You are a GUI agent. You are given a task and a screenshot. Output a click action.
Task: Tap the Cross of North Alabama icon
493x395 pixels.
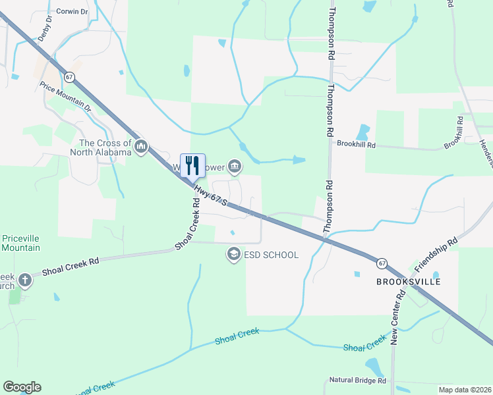pyautogui.click(x=140, y=147)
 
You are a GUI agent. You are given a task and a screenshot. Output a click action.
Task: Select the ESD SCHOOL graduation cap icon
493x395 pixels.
pyautogui.click(x=233, y=254)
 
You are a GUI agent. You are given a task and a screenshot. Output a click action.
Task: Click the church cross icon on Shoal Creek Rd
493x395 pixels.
pyautogui.click(x=25, y=280)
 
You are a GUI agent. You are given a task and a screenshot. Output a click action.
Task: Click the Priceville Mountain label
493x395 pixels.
pyautogui.click(x=21, y=243)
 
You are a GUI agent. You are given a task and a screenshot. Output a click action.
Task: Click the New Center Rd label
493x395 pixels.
pyautogui.click(x=397, y=319)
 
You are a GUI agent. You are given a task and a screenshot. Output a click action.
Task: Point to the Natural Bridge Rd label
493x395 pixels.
pyautogui.click(x=358, y=381)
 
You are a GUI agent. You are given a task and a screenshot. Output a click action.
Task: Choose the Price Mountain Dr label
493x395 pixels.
pyautogui.click(x=65, y=96)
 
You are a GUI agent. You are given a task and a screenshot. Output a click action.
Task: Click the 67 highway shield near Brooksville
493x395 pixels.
pyautogui.click(x=382, y=263)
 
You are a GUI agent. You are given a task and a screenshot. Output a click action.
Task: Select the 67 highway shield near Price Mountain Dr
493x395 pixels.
pyautogui.click(x=71, y=77)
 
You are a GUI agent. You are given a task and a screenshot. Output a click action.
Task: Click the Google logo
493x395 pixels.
pyautogui.click(x=22, y=386)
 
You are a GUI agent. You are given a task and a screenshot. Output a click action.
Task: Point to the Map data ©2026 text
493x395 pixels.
pyautogui.click(x=465, y=389)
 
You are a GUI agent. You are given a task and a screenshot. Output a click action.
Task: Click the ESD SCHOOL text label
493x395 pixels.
pyautogui.click(x=272, y=255)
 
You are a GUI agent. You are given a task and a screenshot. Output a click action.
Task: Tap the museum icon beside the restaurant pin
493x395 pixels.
pyautogui.click(x=233, y=165)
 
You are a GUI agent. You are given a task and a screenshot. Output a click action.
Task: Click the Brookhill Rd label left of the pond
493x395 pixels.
pyautogui.click(x=356, y=144)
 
